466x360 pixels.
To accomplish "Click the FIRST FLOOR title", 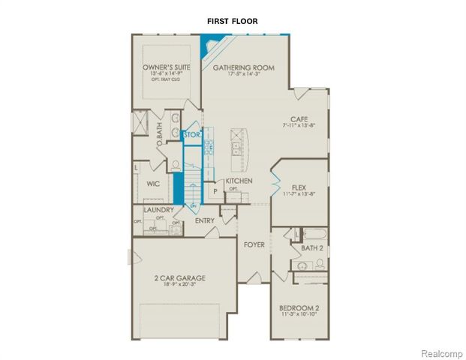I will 233,22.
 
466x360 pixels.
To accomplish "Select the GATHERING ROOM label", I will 243,67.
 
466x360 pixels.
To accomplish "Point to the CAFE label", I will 302,118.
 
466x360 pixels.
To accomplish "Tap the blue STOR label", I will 191,135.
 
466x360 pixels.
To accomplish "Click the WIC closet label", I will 153,183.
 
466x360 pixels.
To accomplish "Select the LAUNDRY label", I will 159,211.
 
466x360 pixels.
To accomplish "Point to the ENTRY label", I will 205,220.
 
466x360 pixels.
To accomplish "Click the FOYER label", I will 254,245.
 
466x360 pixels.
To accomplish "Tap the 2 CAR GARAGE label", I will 180,277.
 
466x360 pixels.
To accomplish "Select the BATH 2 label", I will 312,247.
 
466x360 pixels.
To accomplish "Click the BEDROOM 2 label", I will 299,308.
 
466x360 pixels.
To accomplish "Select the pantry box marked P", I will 215,191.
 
